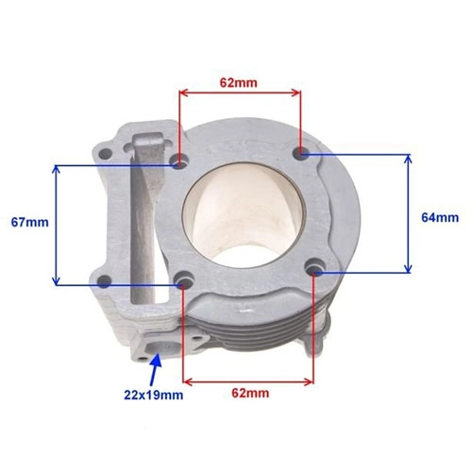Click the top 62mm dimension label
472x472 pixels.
238,83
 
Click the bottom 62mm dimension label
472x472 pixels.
250,393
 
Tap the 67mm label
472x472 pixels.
30,223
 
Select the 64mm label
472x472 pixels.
440,218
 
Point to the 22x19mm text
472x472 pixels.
154,395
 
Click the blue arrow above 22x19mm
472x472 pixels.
155,370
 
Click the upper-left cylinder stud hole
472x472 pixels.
179,162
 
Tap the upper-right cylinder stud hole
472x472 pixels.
301,153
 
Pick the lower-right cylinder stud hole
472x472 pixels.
314,267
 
